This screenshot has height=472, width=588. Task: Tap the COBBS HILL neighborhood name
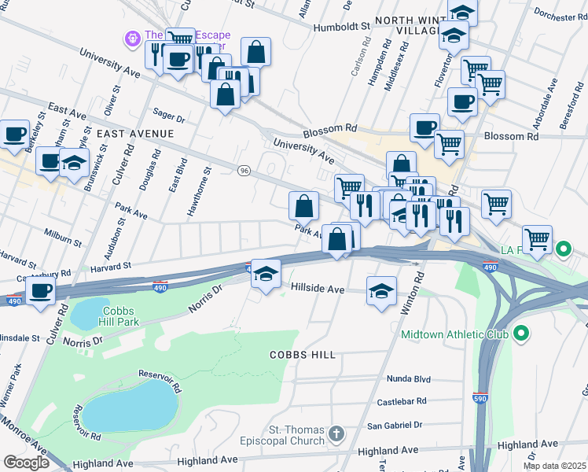pos(303,355)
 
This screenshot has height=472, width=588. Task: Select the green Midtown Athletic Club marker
pos(520,334)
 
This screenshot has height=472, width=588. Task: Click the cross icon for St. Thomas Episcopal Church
pos(336,433)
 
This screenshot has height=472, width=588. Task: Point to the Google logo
pos(26,462)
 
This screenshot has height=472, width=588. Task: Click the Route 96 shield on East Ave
pos(244,171)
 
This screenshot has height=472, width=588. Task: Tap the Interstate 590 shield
pos(479,396)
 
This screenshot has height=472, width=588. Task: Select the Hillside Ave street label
pos(318,289)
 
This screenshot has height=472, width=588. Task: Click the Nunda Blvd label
pos(409,379)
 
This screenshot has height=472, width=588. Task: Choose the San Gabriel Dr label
pos(395,425)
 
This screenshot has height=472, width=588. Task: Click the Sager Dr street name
pos(169,118)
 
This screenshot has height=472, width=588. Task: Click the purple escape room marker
pos(130,37)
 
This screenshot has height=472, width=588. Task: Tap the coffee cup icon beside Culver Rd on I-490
pos(41,290)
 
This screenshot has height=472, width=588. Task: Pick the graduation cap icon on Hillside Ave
pos(381,291)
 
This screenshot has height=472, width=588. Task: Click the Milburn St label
pos(64,238)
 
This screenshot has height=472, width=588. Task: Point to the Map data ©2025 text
pos(554,466)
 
